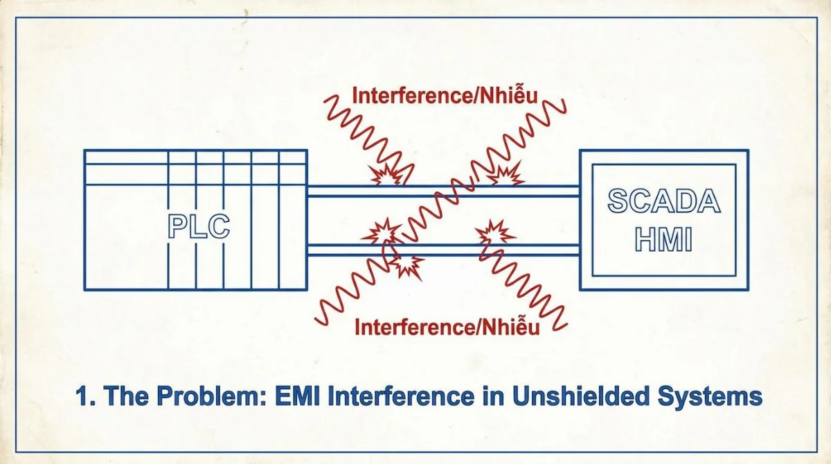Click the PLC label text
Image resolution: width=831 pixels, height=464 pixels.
point(199,227)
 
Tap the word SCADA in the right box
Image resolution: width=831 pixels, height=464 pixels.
point(664,201)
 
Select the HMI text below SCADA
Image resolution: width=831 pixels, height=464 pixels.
point(663,239)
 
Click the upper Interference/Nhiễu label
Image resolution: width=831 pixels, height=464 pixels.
point(445,95)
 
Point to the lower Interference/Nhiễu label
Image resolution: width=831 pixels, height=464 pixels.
point(447,327)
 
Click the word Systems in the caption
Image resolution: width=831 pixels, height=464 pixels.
point(710,397)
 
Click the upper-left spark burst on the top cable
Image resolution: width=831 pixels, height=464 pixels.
point(386,174)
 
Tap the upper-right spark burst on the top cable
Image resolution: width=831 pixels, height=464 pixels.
point(506,173)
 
